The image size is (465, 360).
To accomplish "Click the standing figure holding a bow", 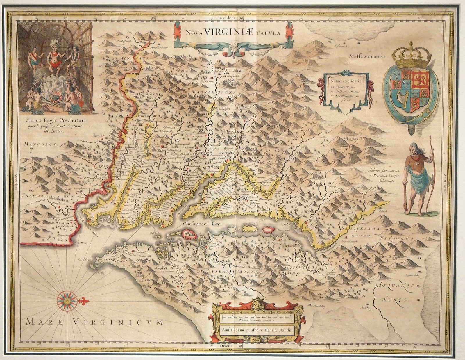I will pos(418,179).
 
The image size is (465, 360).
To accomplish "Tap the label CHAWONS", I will pos(34,196).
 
